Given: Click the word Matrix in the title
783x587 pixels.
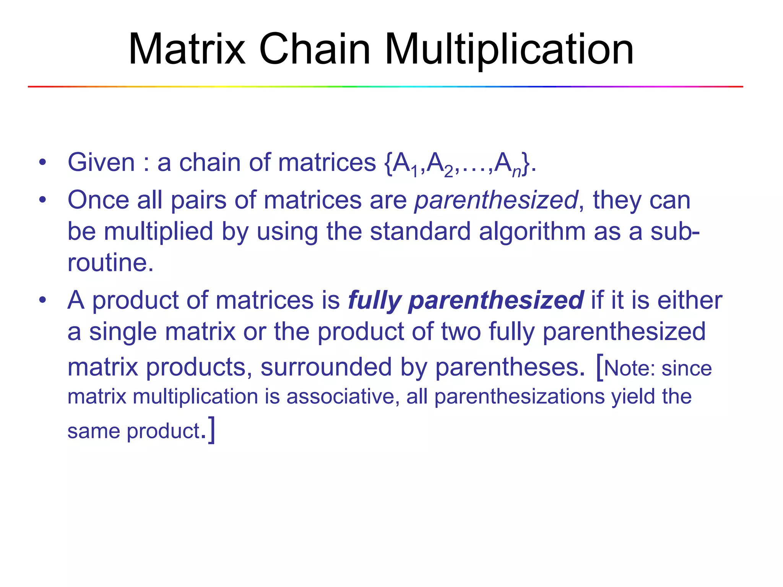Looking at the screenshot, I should (187, 50).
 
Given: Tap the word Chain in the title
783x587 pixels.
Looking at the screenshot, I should (315, 50).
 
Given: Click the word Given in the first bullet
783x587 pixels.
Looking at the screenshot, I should (101, 163).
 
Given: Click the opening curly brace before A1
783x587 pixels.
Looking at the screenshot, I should (388, 164).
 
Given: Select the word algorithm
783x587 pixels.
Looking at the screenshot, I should (532, 232).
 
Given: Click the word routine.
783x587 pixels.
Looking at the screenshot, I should (110, 263).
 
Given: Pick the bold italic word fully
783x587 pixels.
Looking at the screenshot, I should (374, 301).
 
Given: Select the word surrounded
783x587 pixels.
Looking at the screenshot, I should (326, 367).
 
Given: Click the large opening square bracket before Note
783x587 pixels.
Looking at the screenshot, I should (600, 367).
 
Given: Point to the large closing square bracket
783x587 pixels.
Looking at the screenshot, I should (211, 430).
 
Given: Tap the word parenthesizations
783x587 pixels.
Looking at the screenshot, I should (520, 397).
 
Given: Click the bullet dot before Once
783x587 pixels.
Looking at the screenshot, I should (42, 199).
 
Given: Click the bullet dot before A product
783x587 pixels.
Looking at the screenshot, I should (42, 300).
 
